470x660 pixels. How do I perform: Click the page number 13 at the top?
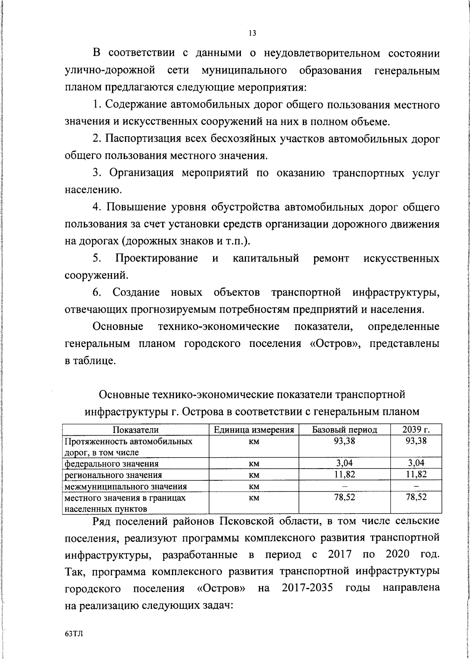[x=252, y=33]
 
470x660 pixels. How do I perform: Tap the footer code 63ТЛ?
[x=74, y=634]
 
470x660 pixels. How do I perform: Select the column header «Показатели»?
[x=136, y=430]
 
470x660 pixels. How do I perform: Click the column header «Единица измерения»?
[x=254, y=430]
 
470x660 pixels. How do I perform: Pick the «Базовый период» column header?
[x=345, y=430]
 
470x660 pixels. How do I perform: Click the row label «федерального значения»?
[x=112, y=464]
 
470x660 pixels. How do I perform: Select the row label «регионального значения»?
[x=113, y=475]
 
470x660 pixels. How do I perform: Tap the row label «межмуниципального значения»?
[x=125, y=487]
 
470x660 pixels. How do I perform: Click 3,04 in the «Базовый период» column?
[x=345, y=463]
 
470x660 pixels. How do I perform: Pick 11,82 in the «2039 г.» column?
[x=416, y=474]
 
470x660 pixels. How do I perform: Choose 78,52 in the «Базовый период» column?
[x=345, y=498]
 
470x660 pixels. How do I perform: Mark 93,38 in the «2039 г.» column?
[x=416, y=441]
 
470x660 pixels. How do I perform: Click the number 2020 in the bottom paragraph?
[x=398, y=554]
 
